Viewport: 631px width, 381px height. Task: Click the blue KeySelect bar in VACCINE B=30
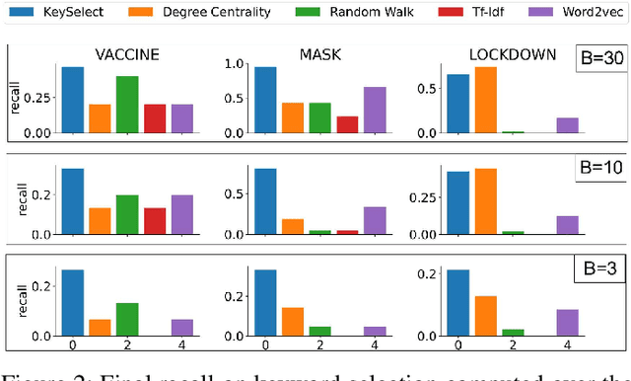pyautogui.click(x=73, y=100)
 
